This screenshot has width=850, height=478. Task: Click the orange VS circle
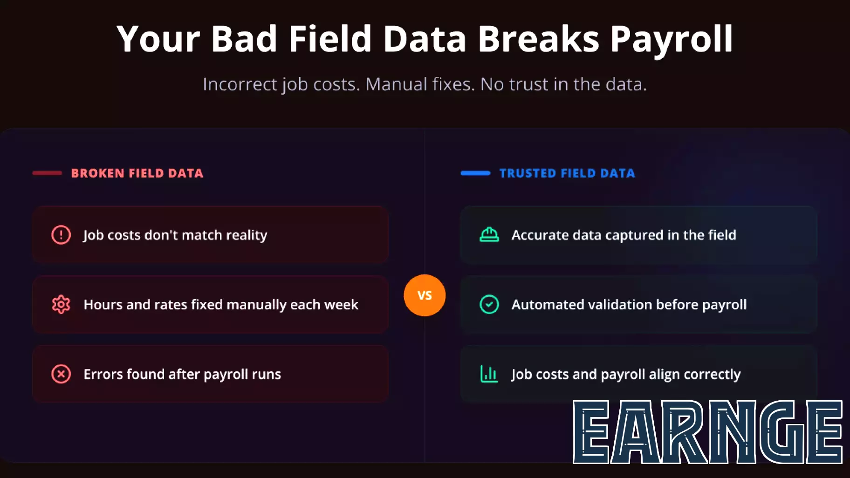425,295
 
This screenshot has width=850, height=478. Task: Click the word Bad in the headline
244,39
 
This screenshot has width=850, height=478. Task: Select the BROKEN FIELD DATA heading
137,173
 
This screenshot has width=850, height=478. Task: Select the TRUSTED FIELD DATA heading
567,173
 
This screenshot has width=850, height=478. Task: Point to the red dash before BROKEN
47,173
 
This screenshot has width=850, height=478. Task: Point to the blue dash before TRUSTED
475,173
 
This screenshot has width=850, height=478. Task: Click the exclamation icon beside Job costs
61,235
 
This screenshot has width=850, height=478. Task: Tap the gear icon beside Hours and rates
61,305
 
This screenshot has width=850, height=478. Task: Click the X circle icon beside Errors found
61,374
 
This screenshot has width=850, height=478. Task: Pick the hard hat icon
489,235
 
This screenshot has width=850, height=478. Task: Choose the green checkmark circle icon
489,305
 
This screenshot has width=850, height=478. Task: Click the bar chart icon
489,374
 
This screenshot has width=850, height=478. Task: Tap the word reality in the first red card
247,235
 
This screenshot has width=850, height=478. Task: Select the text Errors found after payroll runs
182,374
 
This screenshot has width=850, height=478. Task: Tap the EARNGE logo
707,432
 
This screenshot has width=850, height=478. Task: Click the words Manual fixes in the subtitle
420,84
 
